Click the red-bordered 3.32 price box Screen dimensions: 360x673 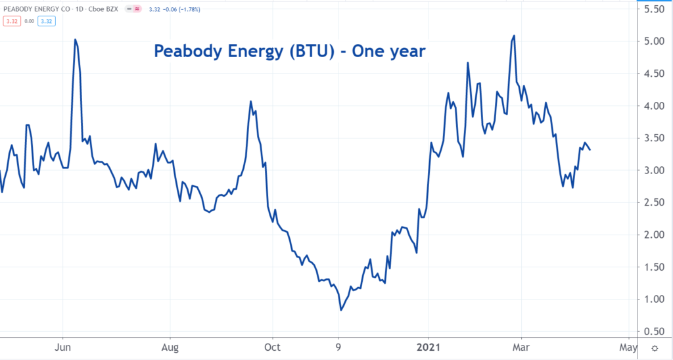(12, 22)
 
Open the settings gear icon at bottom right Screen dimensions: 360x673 (655, 348)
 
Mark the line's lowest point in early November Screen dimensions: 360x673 (340, 309)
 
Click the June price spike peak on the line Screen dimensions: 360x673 (75, 39)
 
